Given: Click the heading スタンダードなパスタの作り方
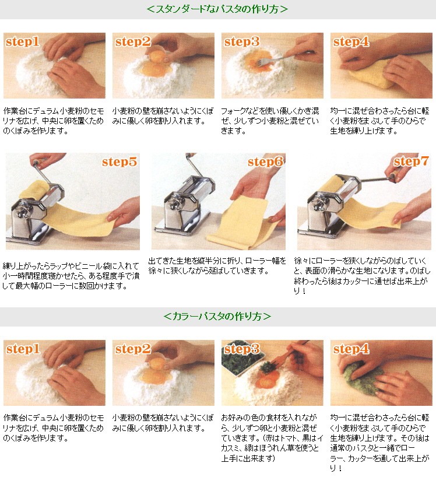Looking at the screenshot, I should pyautogui.click(x=217, y=9).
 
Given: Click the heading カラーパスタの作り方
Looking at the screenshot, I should pyautogui.click(x=217, y=316).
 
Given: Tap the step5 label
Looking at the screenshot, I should pyautogui.click(x=119, y=162).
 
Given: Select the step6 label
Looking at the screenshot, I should pyautogui.click(x=265, y=162).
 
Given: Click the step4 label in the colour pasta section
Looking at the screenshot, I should pyautogui.click(x=350, y=350).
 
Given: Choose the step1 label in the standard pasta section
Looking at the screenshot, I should pyautogui.click(x=23, y=42).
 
